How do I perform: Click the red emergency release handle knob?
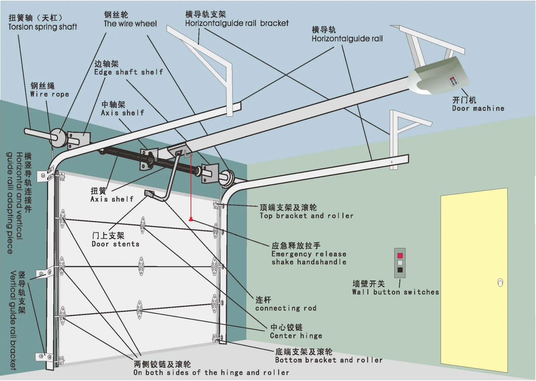[191, 219]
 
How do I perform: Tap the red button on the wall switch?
[400, 256]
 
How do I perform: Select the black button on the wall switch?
[400, 270]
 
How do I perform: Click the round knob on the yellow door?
[500, 283]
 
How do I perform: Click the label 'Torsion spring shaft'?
[43, 27]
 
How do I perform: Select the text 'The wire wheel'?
[130, 24]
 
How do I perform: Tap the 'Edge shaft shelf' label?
[128, 72]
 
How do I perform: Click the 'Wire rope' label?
[50, 94]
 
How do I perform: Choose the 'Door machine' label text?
[478, 108]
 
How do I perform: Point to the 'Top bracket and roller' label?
[306, 216]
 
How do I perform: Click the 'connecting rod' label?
[286, 308]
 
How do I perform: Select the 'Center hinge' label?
[296, 336]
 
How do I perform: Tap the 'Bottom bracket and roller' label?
[328, 360]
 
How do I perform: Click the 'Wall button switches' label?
[395, 292]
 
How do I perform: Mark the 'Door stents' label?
[115, 244]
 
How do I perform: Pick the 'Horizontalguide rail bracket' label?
[236, 23]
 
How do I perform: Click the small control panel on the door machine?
[453, 81]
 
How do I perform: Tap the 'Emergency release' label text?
[309, 254]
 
